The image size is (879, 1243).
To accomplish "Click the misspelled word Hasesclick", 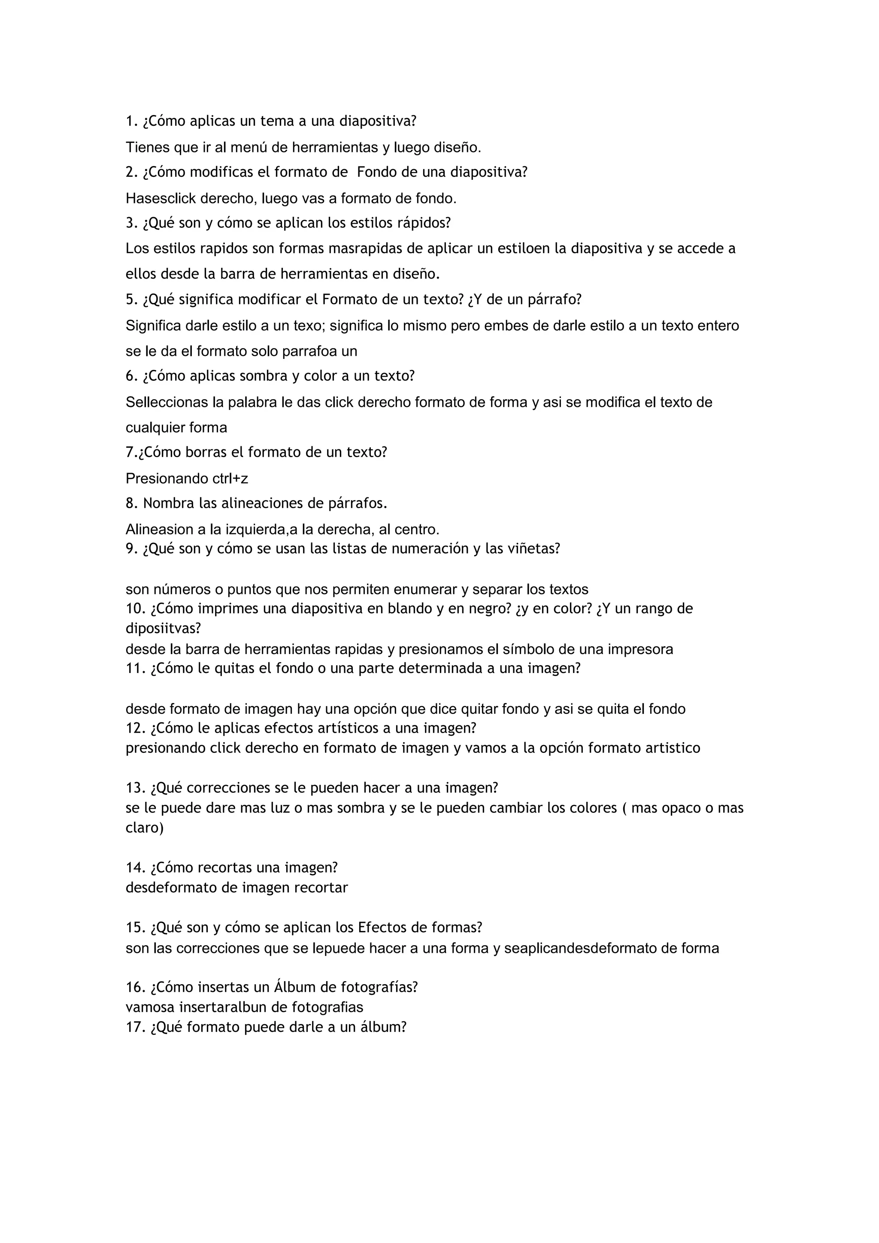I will (161, 199).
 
